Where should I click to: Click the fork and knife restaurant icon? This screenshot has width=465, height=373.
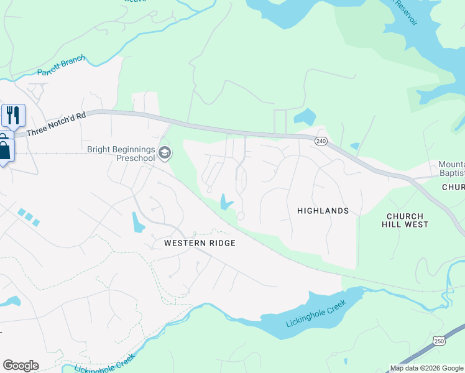pyautogui.click(x=12, y=115)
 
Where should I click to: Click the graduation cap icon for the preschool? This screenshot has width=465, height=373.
pyautogui.click(x=165, y=153)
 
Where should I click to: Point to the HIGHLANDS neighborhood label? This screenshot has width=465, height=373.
pyautogui.click(x=323, y=211)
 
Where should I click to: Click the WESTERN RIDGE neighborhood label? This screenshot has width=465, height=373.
pyautogui.click(x=200, y=243)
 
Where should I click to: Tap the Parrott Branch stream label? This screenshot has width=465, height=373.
pyautogui.click(x=61, y=68)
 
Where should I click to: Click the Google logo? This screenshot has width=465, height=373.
pyautogui.click(x=21, y=366)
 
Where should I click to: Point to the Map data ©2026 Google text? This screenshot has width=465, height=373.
pyautogui.click(x=426, y=369)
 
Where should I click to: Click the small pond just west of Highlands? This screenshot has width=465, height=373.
pyautogui.click(x=225, y=202)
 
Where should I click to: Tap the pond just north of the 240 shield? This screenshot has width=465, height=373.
pyautogui.click(x=305, y=117)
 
